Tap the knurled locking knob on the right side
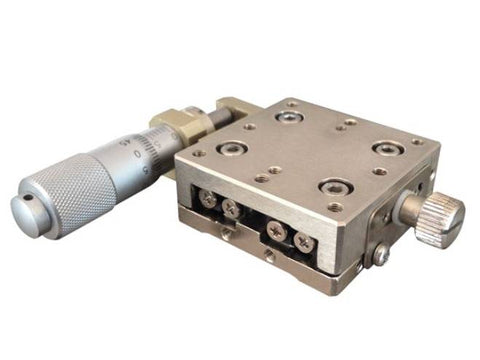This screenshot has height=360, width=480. coord(440,210)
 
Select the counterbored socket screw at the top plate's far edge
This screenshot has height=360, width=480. coord(290,118)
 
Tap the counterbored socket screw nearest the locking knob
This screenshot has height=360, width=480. coord(386,148)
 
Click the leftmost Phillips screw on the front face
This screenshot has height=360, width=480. coord(208,198)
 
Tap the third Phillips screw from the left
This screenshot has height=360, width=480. coord(277,228)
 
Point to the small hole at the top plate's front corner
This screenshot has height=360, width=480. coord(335,207)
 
